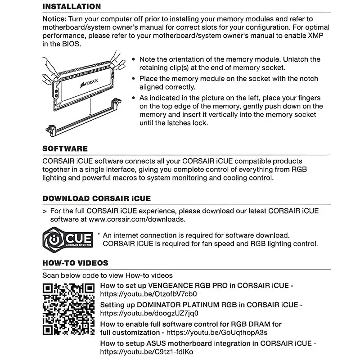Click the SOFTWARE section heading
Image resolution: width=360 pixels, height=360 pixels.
coord(65,148)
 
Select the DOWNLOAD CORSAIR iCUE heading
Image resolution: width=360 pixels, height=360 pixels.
coord(96,198)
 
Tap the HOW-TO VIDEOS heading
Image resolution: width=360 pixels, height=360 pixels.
coord(75,263)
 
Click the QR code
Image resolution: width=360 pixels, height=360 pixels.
coord(68,309)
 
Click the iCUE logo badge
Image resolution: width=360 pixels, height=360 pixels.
coord(68,239)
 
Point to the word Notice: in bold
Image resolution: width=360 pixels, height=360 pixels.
coord(54,19)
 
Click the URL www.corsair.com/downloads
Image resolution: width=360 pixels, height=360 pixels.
coord(137,219)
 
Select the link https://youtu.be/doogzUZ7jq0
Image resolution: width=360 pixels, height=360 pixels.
coord(149,313)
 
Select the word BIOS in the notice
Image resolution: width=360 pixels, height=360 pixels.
coord(72,44)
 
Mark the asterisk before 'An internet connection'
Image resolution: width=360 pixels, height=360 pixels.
coord(99,234)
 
